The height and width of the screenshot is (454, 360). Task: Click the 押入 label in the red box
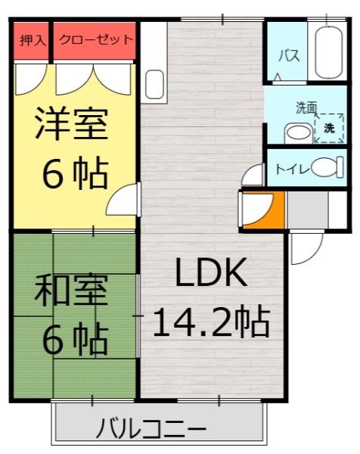point(30,39)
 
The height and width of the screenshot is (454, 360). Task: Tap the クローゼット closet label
point(95,39)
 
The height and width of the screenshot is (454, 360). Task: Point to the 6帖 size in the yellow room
point(73,175)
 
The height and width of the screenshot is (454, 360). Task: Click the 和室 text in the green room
point(73,291)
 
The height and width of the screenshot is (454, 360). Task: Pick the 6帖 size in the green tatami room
point(73,340)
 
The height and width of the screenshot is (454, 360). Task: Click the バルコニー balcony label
point(151,431)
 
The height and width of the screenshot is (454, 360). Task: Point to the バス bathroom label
point(287,56)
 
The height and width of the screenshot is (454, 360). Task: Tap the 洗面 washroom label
point(306,107)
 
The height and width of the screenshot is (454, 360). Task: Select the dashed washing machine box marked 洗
point(329,128)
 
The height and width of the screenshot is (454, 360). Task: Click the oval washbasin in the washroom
point(298,133)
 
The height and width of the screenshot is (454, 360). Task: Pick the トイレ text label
point(291,169)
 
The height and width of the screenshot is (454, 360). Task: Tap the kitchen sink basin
point(154,81)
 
